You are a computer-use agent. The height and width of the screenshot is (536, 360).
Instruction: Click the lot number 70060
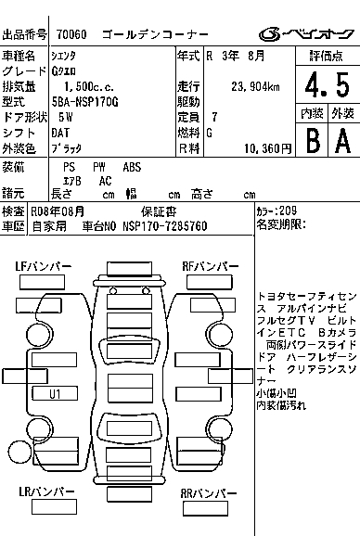(x=71, y=34)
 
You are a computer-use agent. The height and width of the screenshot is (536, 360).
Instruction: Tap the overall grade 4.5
(x=328, y=85)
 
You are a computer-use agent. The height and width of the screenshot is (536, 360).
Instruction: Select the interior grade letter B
(x=314, y=141)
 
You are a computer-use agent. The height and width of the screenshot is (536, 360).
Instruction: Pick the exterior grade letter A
(x=343, y=141)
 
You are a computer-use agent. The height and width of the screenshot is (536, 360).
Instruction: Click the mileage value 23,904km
(x=255, y=86)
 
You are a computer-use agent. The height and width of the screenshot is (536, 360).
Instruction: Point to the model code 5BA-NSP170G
(x=85, y=102)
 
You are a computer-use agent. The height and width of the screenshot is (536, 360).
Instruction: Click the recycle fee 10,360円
(x=268, y=148)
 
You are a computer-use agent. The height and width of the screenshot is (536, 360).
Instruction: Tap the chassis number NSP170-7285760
(x=165, y=226)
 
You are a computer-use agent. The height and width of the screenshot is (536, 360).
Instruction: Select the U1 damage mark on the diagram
(x=55, y=394)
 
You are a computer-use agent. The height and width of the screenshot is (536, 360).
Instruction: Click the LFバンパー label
(x=44, y=266)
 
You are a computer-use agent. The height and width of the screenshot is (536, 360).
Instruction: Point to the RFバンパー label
(x=211, y=266)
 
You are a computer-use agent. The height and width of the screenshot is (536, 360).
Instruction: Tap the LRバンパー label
(x=46, y=491)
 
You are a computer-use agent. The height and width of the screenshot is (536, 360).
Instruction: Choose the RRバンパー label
(x=209, y=493)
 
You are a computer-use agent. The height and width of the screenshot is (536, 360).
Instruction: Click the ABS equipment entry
(x=132, y=167)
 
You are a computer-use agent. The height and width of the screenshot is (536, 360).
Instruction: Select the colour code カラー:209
(x=276, y=211)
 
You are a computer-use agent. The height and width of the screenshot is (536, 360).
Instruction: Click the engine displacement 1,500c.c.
(x=89, y=86)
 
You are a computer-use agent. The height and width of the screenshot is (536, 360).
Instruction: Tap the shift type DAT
(x=60, y=133)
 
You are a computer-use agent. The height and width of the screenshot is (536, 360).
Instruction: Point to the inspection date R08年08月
(x=58, y=211)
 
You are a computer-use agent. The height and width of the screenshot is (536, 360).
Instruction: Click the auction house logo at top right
(x=306, y=34)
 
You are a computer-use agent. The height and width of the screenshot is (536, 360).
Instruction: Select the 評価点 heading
(x=326, y=56)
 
